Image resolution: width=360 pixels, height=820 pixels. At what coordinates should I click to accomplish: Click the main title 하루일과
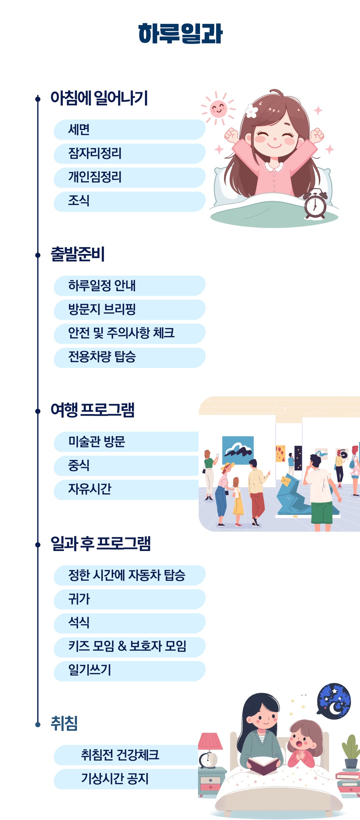[180, 34]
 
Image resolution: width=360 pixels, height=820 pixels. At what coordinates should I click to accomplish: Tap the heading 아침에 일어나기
[99, 98]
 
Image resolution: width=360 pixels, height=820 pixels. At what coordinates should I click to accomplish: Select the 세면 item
[129, 130]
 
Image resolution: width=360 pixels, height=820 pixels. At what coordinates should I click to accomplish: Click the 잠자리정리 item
[129, 154]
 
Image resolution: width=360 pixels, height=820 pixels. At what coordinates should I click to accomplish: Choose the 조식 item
[129, 201]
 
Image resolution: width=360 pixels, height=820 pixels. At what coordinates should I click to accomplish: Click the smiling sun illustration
[218, 109]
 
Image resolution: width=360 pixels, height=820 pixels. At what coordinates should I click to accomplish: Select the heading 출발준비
[78, 254]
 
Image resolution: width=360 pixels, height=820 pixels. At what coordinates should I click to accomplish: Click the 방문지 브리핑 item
[129, 310]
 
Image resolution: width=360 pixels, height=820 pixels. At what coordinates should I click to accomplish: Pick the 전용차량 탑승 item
[129, 357]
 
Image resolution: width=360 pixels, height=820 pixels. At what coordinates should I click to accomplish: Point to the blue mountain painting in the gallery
[238, 450]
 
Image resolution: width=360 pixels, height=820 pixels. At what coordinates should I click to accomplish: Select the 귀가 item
[129, 599]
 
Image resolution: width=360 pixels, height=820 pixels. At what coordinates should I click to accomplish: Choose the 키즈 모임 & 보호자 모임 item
[129, 647]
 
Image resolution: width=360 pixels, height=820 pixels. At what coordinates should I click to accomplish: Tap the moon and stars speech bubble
[334, 701]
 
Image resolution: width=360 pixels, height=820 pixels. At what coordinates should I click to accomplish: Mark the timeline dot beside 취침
[38, 724]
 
